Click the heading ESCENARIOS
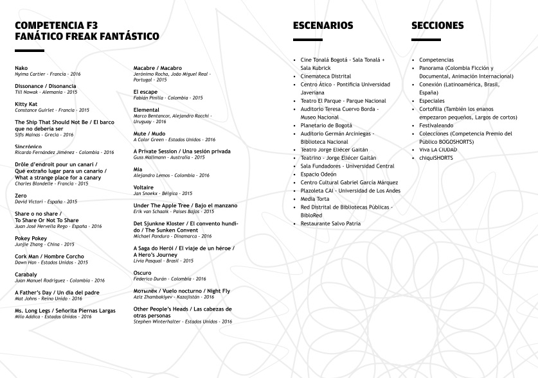(323, 26)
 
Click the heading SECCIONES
(437, 26)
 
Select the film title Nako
(21, 67)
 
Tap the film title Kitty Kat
(26, 103)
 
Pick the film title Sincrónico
(28, 146)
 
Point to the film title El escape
(145, 92)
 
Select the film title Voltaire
(145, 187)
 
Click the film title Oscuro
(143, 272)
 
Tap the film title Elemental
(147, 110)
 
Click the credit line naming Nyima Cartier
(44, 74)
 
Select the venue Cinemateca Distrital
(326, 76)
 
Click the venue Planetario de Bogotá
(327, 125)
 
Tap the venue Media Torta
(315, 199)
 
